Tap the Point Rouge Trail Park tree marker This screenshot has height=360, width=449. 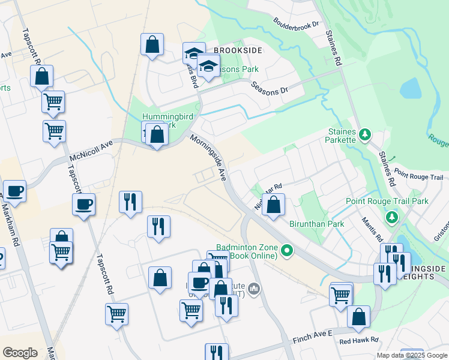pos(393,216)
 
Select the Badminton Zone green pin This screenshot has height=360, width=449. pos(287,250)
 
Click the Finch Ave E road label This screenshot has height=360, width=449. pos(312,335)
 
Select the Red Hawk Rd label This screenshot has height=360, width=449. pos(359,340)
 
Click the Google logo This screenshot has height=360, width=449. pos(20,353)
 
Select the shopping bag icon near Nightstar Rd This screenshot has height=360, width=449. pos(274,206)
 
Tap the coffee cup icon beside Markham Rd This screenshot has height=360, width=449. pos(14,192)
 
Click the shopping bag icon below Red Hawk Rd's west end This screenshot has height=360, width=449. pos(358,318)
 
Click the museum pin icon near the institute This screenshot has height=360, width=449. pos(255,290)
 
